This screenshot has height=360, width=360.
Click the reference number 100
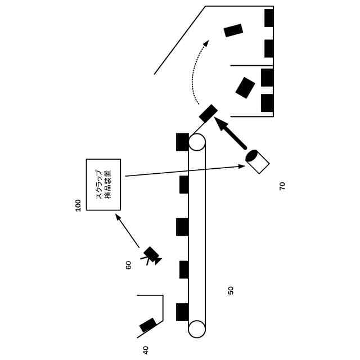click(x=78, y=205)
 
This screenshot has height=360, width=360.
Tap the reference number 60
click(x=128, y=265)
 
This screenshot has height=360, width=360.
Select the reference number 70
click(x=282, y=186)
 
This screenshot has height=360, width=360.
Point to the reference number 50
click(x=231, y=290)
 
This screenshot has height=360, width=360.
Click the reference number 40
click(x=146, y=350)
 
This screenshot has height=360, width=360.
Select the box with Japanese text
click(x=103, y=184)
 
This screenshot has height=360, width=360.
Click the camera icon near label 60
click(x=151, y=255)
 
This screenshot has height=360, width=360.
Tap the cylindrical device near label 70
click(x=257, y=161)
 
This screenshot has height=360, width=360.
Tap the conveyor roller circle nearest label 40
click(x=197, y=329)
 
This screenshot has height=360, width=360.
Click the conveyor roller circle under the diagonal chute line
click(x=197, y=142)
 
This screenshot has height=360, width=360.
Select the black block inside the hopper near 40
click(x=148, y=325)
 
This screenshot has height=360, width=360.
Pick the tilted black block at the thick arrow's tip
click(x=208, y=113)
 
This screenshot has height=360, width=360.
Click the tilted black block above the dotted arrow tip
click(x=233, y=30)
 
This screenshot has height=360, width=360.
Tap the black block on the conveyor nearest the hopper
click(x=182, y=312)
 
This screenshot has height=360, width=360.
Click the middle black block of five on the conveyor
click(x=182, y=227)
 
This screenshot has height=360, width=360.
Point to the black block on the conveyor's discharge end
click(x=182, y=142)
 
